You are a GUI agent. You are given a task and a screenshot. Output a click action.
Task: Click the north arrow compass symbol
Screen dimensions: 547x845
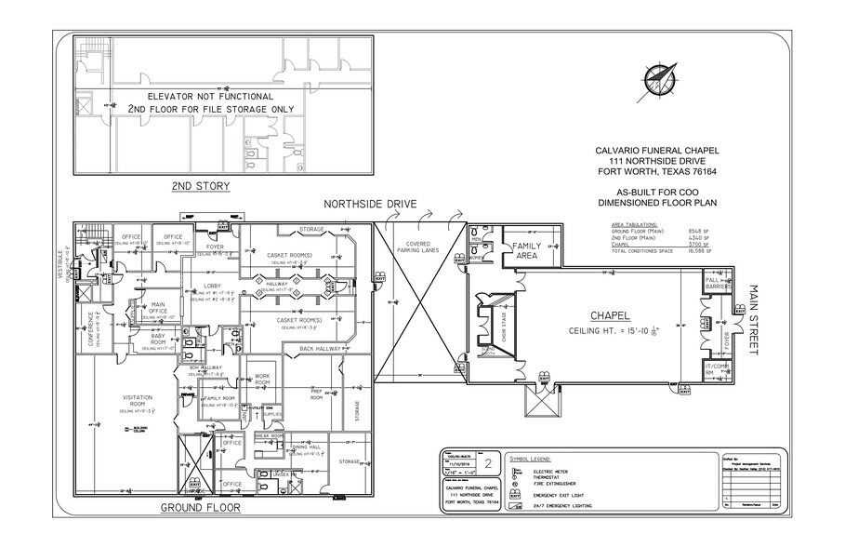[x=658, y=84]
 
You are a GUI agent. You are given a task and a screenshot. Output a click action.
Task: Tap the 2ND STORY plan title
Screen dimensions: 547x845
[x=201, y=186]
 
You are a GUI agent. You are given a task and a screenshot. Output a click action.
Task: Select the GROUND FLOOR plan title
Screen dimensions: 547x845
[x=201, y=508]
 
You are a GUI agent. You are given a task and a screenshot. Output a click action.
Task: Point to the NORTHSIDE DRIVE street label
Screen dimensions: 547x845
[x=370, y=204]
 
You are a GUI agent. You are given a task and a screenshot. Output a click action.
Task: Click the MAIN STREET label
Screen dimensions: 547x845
[x=754, y=319]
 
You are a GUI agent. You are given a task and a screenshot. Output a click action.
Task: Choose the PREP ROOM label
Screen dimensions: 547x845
[x=316, y=393]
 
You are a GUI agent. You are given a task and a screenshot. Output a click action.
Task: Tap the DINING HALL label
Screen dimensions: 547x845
[x=307, y=447]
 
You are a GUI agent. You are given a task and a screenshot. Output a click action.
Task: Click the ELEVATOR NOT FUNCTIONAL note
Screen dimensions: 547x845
[x=210, y=96]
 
